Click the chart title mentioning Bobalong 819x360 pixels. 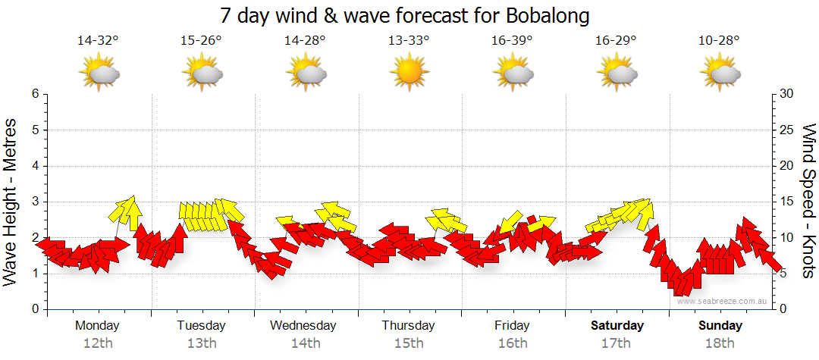[x=405, y=16]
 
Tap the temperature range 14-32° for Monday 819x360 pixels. [x=99, y=41]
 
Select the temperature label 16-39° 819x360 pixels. [x=512, y=41]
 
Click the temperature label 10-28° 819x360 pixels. [x=720, y=41]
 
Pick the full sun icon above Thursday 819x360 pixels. [x=409, y=74]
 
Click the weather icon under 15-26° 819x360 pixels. [x=202, y=74]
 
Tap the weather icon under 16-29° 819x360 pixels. [x=617, y=74]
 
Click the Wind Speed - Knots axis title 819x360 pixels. [x=808, y=201]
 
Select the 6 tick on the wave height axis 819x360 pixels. [x=35, y=94]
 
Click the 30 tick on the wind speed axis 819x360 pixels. [x=787, y=94]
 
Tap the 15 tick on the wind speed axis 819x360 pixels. [x=787, y=202]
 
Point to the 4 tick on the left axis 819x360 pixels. [x=35, y=166]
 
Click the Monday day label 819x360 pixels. [x=97, y=326]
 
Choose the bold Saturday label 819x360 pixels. [x=617, y=326]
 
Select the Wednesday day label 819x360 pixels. [x=303, y=326]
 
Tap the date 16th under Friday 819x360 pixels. [x=513, y=343]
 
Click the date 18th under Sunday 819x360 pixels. [x=720, y=343]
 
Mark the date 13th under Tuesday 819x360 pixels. [x=201, y=343]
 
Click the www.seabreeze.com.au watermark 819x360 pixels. [x=723, y=302]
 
